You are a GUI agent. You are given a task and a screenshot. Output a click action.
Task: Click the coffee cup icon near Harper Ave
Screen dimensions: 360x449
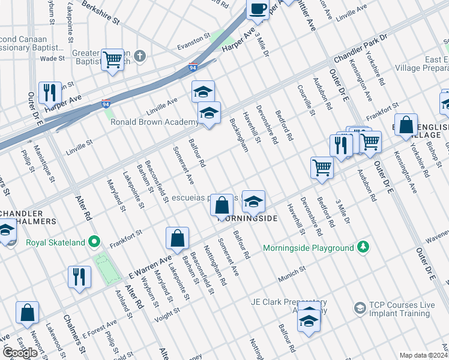(258, 9)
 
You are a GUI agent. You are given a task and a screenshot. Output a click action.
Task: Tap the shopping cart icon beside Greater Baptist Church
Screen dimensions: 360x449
(112, 60)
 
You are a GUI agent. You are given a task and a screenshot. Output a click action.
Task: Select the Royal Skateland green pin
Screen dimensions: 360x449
(94, 242)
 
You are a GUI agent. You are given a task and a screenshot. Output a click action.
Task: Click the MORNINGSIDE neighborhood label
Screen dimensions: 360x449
(247, 218)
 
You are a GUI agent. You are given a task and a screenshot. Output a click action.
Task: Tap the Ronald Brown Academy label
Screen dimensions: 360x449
(154, 122)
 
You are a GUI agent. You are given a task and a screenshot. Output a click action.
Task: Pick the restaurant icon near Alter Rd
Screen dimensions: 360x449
(79, 277)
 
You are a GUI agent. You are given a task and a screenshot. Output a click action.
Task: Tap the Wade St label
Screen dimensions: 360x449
(52, 58)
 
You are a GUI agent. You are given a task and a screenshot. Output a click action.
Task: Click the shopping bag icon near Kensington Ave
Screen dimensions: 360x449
(406, 125)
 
